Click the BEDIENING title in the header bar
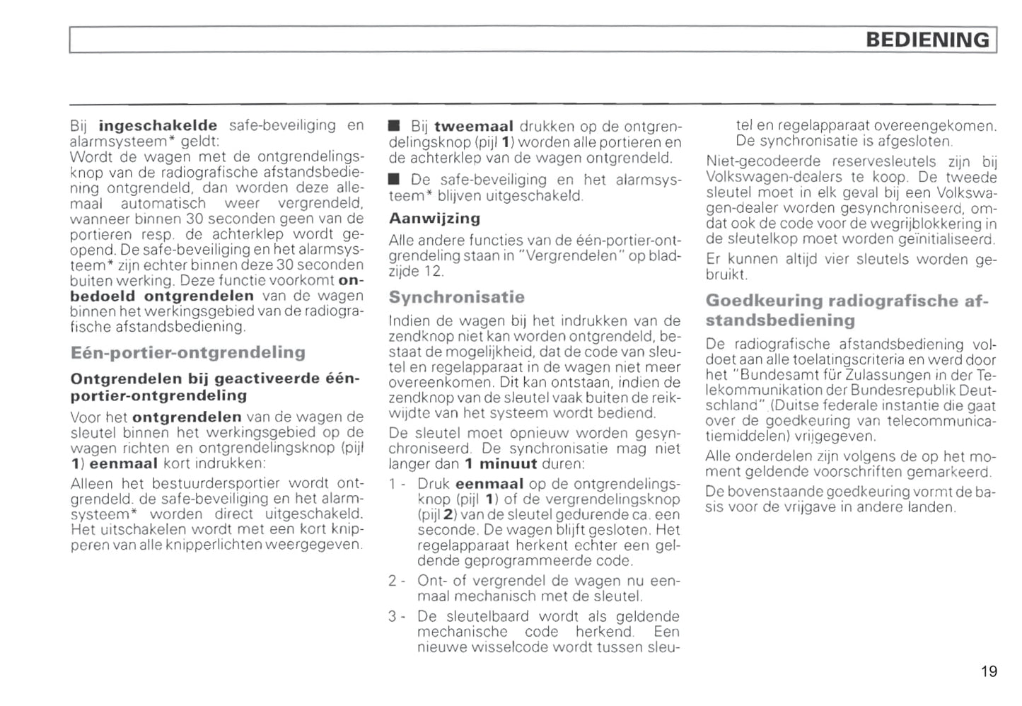click(x=927, y=40)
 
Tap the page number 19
click(x=989, y=671)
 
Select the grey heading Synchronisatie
click(x=456, y=297)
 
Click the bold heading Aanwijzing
click(x=434, y=219)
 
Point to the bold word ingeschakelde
click(x=158, y=126)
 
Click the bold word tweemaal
click(x=473, y=127)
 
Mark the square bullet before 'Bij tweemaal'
click(x=395, y=127)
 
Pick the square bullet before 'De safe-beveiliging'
click(x=395, y=180)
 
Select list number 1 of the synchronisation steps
click(x=393, y=485)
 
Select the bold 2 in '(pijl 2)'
click(x=447, y=514)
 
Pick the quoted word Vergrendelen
click(x=574, y=256)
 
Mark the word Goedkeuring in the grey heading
click(x=764, y=301)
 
